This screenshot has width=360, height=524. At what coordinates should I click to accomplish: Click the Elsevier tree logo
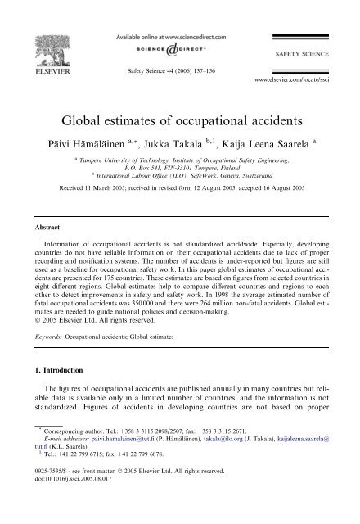31,30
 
